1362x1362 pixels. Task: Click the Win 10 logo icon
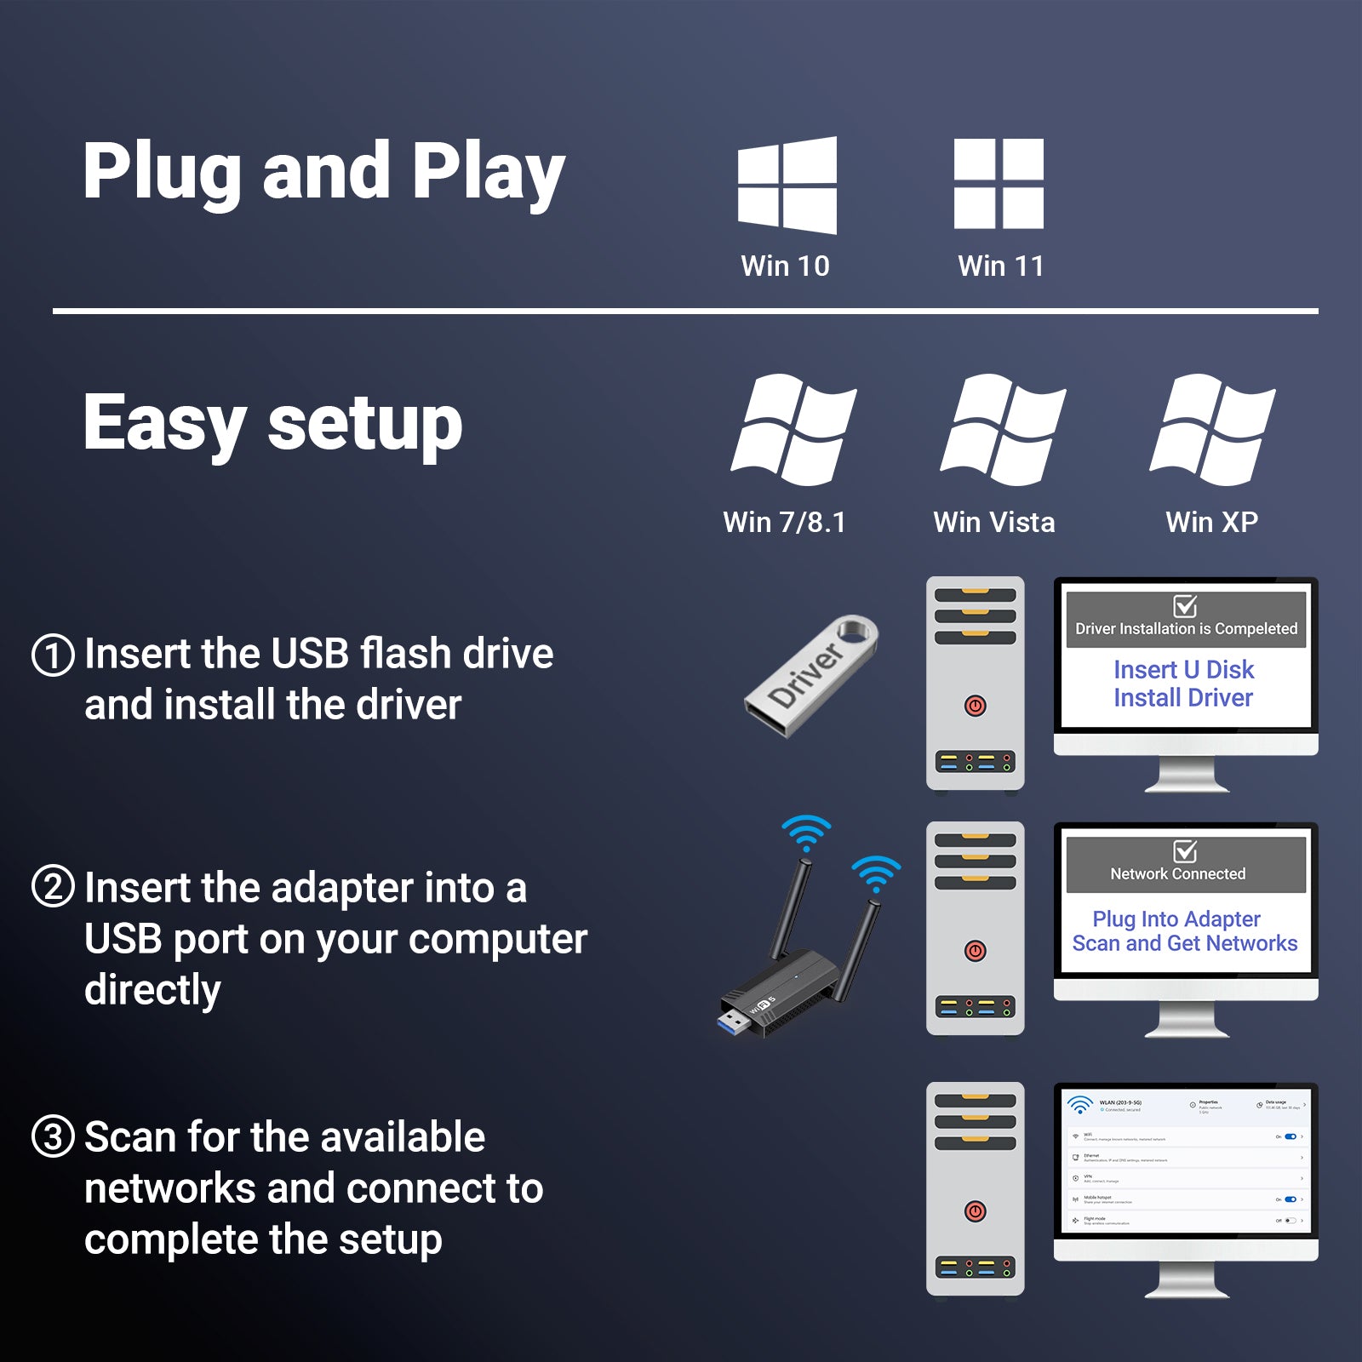tap(787, 185)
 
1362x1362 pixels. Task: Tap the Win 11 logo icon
tap(999, 184)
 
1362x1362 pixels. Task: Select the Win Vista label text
tap(993, 522)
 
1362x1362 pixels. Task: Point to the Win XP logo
tap(1212, 429)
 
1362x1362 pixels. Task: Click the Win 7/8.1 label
tap(784, 522)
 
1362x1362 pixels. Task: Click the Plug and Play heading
tap(323, 172)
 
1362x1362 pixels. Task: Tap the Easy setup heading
tap(272, 423)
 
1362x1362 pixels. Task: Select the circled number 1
tap(53, 655)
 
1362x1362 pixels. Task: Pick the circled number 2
tap(53, 887)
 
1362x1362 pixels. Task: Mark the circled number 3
tap(53, 1137)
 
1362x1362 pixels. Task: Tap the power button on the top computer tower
tap(976, 706)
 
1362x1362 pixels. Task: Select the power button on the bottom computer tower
tap(976, 1211)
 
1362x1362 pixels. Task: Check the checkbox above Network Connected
tap(1185, 851)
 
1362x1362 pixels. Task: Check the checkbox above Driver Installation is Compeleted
tap(1185, 606)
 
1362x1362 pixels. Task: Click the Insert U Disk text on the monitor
tap(1183, 670)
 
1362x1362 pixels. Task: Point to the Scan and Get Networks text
tap(1184, 943)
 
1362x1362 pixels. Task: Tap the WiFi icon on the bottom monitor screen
tap(1080, 1105)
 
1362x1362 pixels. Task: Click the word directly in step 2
tap(152, 990)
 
